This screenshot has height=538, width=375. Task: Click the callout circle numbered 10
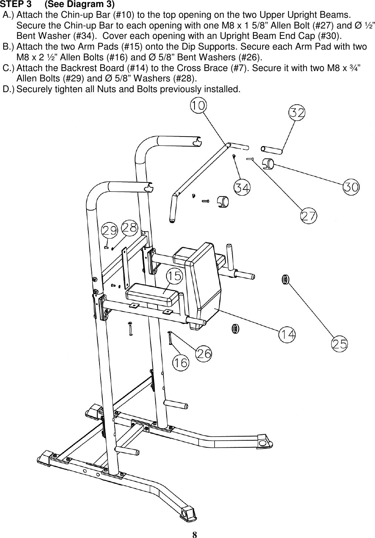199,105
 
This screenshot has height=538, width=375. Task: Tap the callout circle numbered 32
297,113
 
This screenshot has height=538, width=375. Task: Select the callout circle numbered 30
351,187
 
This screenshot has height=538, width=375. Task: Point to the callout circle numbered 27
309,216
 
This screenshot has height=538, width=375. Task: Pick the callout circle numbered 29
110,231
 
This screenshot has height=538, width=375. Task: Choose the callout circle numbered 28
129,227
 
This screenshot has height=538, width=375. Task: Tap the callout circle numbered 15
175,276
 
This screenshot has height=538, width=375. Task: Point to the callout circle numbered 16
180,363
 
